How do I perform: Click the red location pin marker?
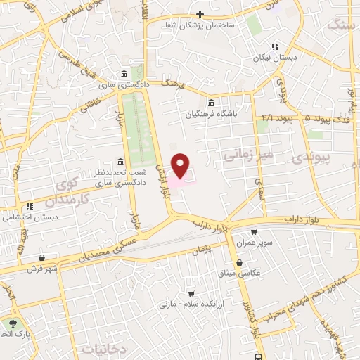coord(181,165)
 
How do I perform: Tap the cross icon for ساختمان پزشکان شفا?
coord(200,14)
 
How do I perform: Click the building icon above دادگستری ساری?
coord(124,75)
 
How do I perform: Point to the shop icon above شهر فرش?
coord(44,257)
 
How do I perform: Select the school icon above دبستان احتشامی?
coord(30,207)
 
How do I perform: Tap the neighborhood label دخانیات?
coord(106,348)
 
